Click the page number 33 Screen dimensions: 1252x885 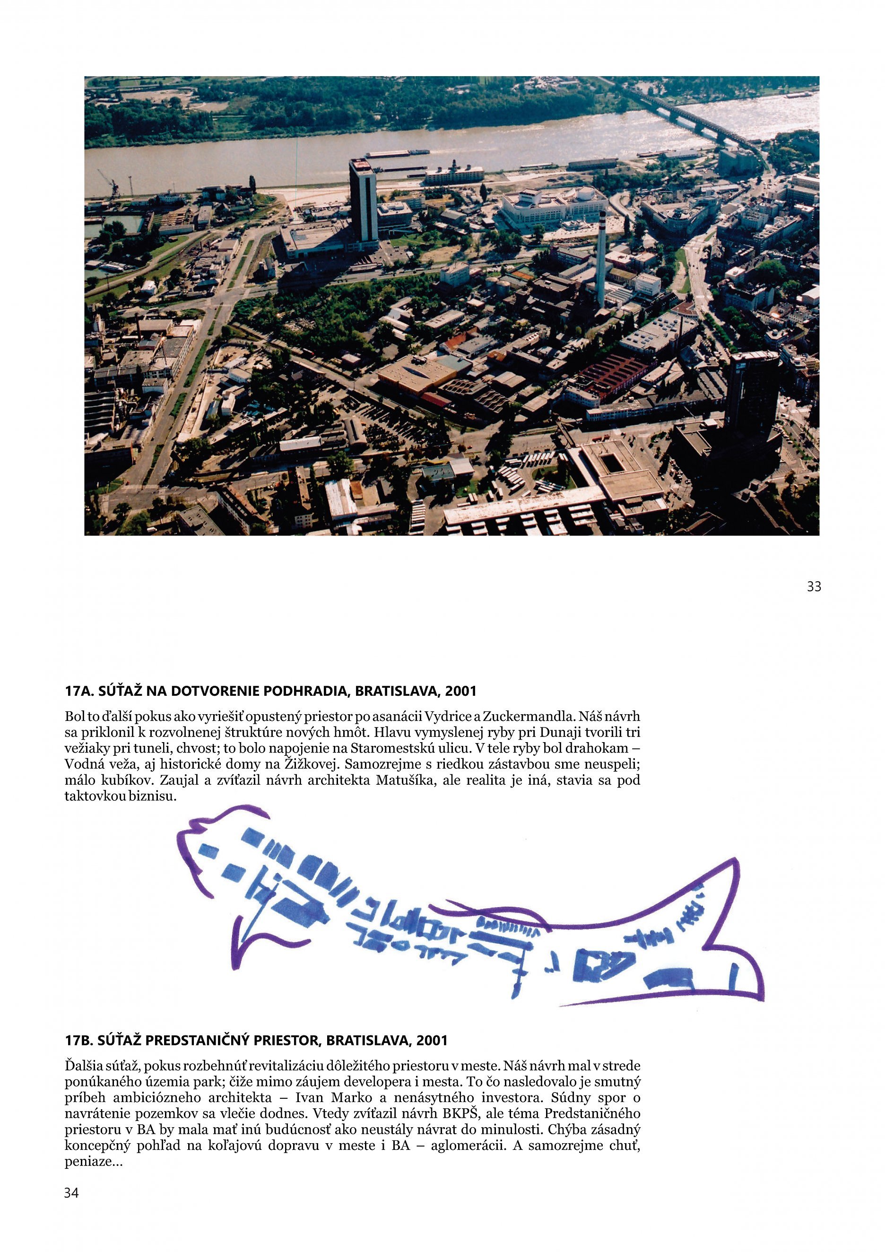pos(814,587)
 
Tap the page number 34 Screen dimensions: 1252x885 pos(71,1192)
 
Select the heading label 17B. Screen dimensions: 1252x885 pos(79,1041)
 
